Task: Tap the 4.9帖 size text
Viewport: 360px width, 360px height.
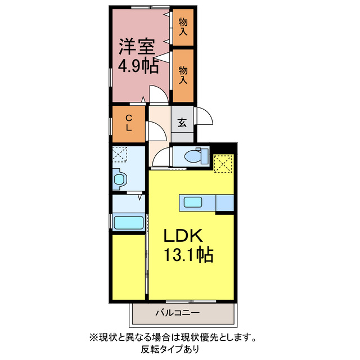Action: [137, 66]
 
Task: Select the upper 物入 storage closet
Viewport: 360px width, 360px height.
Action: [183, 26]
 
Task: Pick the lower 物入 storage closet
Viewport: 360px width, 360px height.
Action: [183, 74]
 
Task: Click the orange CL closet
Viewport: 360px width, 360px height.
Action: [129, 123]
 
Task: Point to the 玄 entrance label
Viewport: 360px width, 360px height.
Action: [183, 123]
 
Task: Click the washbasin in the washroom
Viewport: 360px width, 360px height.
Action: [120, 179]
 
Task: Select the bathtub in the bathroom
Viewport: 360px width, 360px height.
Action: [129, 222]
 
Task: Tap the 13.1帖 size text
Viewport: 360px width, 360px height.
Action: [188, 256]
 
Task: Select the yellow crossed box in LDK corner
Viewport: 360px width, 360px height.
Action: [223, 163]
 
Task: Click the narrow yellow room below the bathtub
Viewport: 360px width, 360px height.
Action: [128, 267]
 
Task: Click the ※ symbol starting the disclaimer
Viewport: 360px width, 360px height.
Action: [93, 338]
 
